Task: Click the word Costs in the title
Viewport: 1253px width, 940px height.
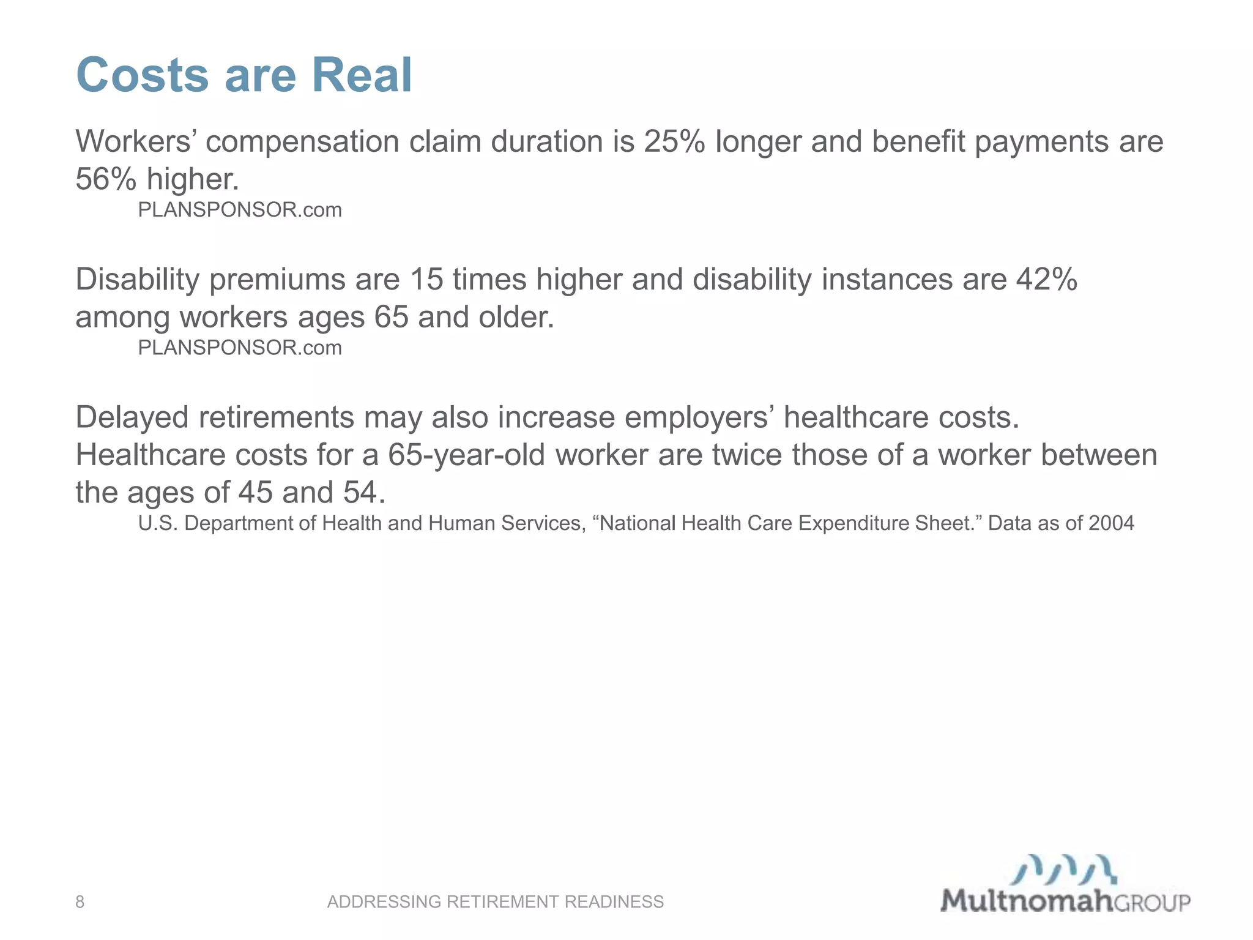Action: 143,75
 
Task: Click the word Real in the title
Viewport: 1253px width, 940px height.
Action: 362,75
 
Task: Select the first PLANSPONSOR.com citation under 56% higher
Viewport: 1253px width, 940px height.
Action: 239,210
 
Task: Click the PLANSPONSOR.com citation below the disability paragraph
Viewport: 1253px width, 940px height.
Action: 239,348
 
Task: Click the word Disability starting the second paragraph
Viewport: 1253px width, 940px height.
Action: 137,280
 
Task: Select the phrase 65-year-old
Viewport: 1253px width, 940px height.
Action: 466,455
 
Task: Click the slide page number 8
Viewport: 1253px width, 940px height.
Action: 80,901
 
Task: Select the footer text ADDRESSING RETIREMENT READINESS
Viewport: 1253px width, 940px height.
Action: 495,901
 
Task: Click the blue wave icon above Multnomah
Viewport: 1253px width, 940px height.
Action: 1064,870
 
